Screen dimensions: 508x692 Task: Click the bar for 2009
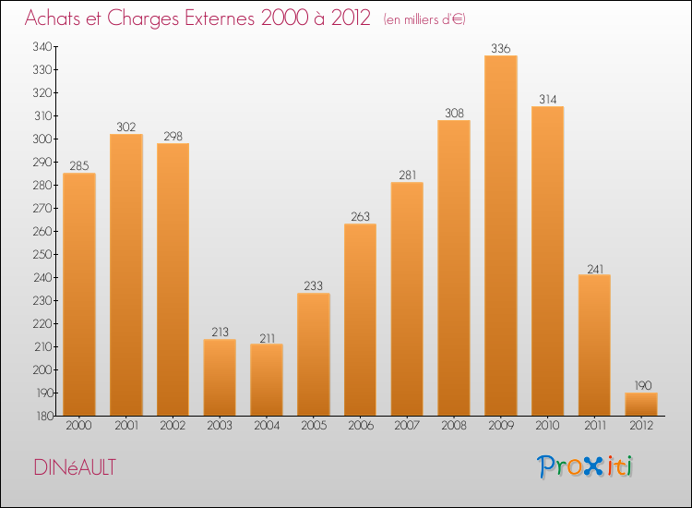[501, 236]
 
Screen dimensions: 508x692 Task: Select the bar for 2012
[641, 405]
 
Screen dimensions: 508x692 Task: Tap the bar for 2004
[267, 380]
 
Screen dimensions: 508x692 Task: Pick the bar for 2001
[126, 275]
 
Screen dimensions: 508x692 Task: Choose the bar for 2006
[360, 320]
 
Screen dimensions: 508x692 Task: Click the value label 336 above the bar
[501, 48]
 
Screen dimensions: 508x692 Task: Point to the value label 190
[641, 385]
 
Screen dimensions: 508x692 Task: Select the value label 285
[79, 166]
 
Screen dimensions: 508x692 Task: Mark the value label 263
[360, 216]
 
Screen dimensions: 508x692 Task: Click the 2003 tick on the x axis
[220, 427]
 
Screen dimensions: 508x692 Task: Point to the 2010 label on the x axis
[547, 427]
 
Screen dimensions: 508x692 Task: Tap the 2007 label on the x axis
[407, 427]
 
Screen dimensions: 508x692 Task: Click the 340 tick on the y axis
[43, 46]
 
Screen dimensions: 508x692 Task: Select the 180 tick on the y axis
[43, 416]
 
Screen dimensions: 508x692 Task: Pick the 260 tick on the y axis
[43, 231]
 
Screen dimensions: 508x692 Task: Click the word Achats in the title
[56, 18]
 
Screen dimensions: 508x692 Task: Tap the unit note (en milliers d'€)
[424, 19]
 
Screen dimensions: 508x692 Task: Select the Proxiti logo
[585, 466]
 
